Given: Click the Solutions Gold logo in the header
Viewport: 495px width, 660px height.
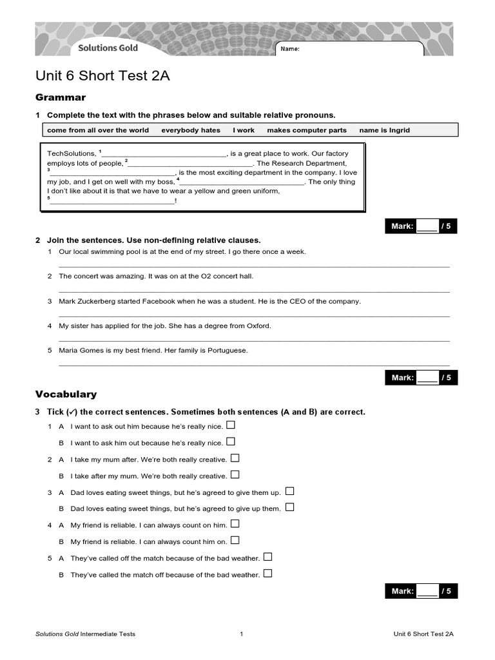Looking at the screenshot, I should click(x=108, y=48).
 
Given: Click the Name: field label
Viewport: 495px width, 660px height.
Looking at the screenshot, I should click(x=290, y=50).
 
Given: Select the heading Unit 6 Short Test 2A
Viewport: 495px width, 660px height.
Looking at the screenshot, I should click(x=102, y=76).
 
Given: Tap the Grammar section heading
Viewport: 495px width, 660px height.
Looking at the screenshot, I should click(x=60, y=97).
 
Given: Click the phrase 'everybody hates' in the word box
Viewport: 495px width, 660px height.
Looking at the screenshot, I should click(x=190, y=130).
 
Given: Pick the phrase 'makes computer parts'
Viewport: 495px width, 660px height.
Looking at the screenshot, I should click(x=306, y=130).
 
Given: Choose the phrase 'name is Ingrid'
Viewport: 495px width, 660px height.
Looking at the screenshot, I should click(x=384, y=130).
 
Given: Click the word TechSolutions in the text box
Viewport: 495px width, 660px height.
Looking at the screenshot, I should click(x=72, y=154).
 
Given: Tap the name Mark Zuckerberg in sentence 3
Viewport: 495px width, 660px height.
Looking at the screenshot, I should click(x=88, y=301).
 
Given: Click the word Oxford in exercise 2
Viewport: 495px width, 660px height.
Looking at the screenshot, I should click(x=259, y=325).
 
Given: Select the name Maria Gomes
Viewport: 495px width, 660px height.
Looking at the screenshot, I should click(x=79, y=351).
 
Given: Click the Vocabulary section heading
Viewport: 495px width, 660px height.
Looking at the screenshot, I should click(x=66, y=394).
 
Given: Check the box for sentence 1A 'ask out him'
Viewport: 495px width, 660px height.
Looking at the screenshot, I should click(x=231, y=425).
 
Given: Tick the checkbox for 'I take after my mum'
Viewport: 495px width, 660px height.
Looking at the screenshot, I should click(x=235, y=475).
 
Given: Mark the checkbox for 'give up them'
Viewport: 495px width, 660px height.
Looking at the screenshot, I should click(x=289, y=508).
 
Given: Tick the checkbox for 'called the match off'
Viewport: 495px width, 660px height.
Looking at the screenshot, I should click(x=267, y=574).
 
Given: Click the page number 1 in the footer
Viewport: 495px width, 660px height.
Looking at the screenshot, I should click(x=241, y=634).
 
